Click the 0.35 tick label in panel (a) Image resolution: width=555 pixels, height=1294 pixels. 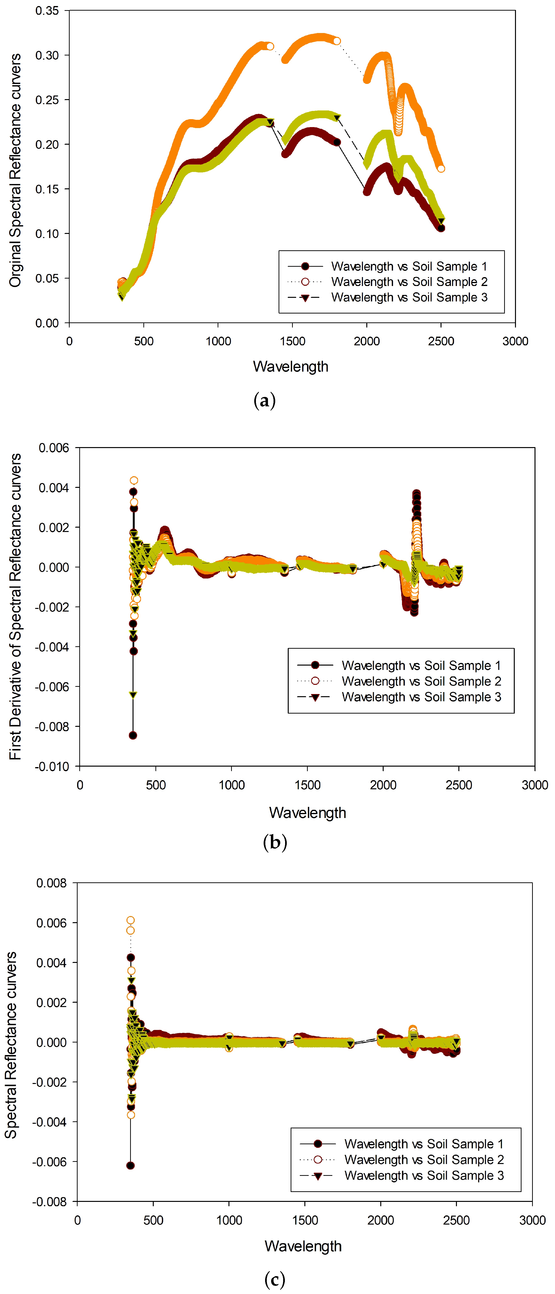47,11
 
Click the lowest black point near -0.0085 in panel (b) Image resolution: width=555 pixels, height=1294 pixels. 133,736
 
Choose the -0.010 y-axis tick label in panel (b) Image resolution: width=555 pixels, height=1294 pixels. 52,767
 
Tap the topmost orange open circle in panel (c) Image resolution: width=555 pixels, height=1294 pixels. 130,920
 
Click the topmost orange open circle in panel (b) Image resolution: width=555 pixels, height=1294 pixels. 134,481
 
